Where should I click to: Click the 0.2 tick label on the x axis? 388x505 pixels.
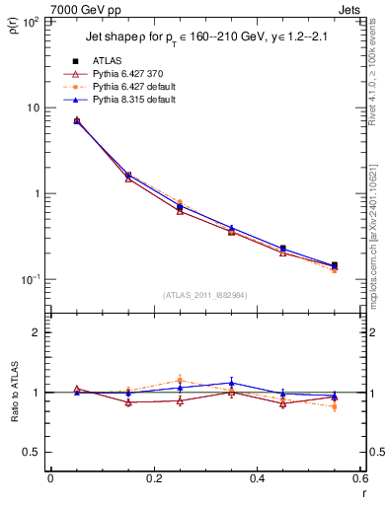tap(153, 479)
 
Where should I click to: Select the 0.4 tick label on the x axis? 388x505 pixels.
tap(257, 479)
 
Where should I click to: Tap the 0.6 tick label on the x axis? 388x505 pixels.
tap(359, 479)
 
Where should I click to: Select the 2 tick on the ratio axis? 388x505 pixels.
tap(39, 332)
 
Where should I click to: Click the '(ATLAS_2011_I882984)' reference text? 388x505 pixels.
tap(204, 295)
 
